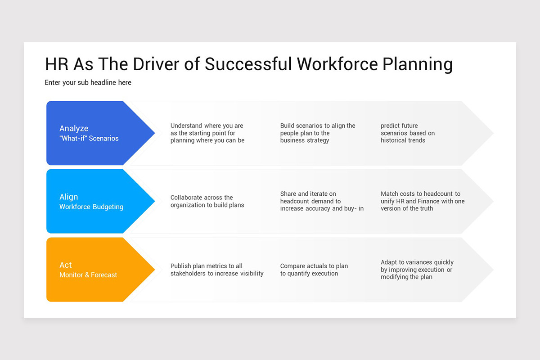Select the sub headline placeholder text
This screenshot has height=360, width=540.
pos(88,83)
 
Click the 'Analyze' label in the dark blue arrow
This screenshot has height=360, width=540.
pos(74,129)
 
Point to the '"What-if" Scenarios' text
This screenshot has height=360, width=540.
pos(89,139)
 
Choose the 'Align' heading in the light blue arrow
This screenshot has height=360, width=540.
pos(68,197)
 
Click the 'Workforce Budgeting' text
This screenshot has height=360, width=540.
pos(91,207)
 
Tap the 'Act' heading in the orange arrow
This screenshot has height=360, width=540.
pos(66,265)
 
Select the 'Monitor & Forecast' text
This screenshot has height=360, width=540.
pos(88,275)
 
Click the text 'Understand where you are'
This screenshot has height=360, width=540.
pos(207,126)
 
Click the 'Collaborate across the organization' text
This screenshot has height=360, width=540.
pos(207,201)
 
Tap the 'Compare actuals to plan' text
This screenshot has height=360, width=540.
pos(314,266)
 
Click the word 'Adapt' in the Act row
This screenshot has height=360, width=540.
pos(389,262)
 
